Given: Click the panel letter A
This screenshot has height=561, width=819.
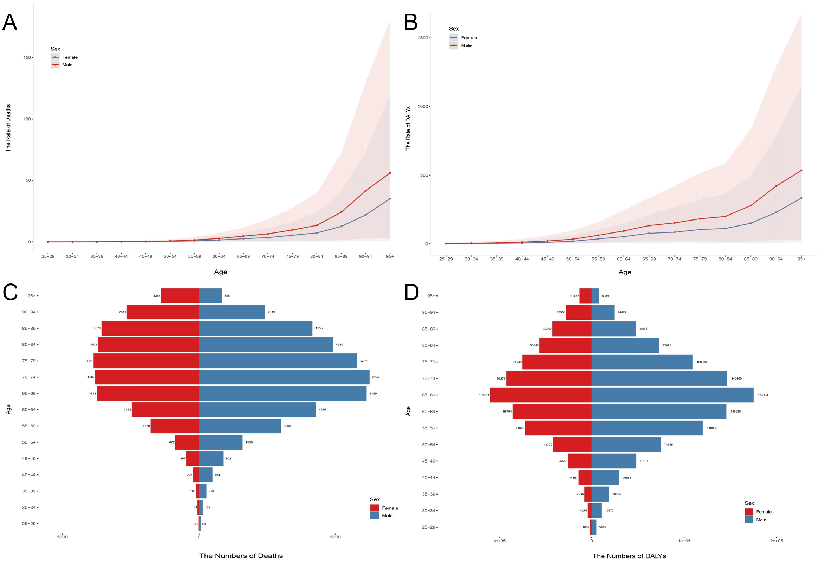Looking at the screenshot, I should pyautogui.click(x=9, y=22).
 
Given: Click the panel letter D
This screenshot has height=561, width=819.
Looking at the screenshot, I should pyautogui.click(x=411, y=292).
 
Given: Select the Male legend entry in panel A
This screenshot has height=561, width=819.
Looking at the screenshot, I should pyautogui.click(x=67, y=65).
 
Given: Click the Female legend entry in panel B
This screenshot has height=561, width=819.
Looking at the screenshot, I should pyautogui.click(x=468, y=38).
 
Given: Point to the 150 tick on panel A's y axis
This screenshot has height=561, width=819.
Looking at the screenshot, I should pyautogui.click(x=27, y=58).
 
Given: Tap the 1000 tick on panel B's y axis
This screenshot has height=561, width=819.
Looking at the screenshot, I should pyautogui.click(x=423, y=107).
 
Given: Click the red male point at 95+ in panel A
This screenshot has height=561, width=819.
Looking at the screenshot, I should pyautogui.click(x=390, y=173).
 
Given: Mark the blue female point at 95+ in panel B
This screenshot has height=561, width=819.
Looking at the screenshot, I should pyautogui.click(x=801, y=198).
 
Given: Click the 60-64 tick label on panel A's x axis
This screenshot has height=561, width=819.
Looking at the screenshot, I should pyautogui.click(x=219, y=256).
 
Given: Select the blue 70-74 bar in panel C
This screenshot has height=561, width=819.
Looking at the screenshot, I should pyautogui.click(x=284, y=377).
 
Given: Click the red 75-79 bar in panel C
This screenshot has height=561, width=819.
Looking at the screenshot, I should pyautogui.click(x=146, y=361).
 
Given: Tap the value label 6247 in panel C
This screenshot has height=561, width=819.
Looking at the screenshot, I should pyautogui.click(x=376, y=377).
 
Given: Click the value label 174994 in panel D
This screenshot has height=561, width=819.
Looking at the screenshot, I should pyautogui.click(x=763, y=395).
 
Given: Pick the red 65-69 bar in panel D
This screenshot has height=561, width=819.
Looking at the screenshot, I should pyautogui.click(x=541, y=395).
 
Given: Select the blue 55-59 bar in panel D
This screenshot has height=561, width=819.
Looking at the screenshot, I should pyautogui.click(x=647, y=428).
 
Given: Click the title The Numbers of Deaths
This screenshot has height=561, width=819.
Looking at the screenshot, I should pyautogui.click(x=241, y=556).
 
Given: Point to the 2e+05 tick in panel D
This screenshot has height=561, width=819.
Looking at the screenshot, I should pyautogui.click(x=776, y=541).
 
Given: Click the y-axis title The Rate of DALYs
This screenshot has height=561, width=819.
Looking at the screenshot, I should pyautogui.click(x=408, y=128).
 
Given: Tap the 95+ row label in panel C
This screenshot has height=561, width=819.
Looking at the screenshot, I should pyautogui.click(x=31, y=296).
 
